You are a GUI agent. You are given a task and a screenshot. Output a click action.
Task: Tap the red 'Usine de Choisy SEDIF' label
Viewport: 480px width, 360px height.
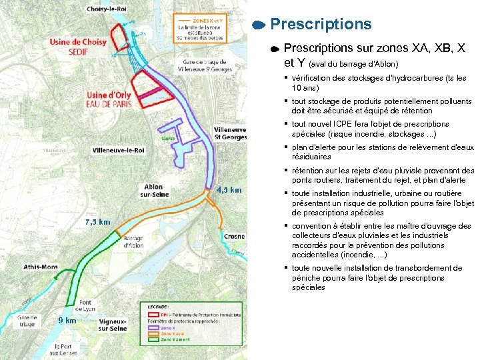coord(78,46)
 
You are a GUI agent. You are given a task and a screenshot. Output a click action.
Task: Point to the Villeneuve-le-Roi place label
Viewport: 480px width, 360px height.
coord(119,151)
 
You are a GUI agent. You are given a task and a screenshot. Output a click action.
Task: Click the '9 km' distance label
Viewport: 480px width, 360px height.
coord(66,320)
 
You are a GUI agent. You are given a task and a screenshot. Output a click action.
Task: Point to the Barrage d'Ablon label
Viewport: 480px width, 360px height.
coord(133,241)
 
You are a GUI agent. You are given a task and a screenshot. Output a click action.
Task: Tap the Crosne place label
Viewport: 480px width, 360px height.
coord(234,237)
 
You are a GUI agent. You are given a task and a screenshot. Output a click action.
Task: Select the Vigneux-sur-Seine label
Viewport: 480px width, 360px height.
coord(113,325)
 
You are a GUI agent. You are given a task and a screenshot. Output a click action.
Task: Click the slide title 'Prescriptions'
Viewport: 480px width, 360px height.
coord(321,24)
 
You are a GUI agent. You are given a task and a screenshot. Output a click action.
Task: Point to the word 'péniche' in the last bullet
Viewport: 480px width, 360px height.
coord(307,278)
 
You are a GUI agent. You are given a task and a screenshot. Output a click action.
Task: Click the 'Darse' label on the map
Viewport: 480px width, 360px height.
coord(169,139)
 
